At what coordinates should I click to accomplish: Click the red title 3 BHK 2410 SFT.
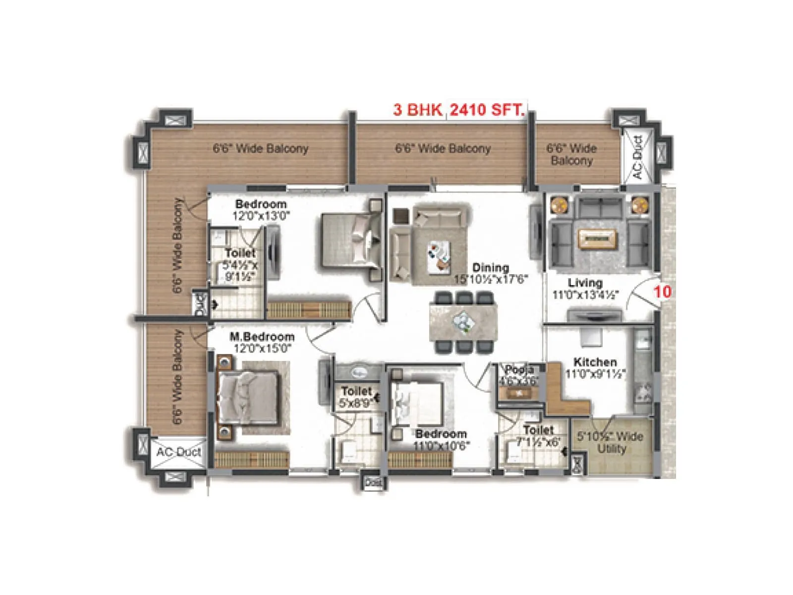[458, 110]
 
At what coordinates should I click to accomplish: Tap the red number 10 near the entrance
[662, 292]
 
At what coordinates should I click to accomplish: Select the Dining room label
[490, 268]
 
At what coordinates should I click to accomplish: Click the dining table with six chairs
[463, 322]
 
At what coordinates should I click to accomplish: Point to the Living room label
[585, 283]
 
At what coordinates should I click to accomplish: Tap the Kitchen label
[595, 362]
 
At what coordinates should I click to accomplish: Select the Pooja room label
[519, 370]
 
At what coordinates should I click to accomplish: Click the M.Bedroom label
[262, 337]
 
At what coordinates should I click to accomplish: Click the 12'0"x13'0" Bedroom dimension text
[261, 216]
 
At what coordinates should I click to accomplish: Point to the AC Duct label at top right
[637, 157]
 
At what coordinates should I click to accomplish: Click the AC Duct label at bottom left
[179, 452]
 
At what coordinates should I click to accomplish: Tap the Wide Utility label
[611, 442]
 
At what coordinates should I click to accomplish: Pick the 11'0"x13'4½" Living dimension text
[585, 295]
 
